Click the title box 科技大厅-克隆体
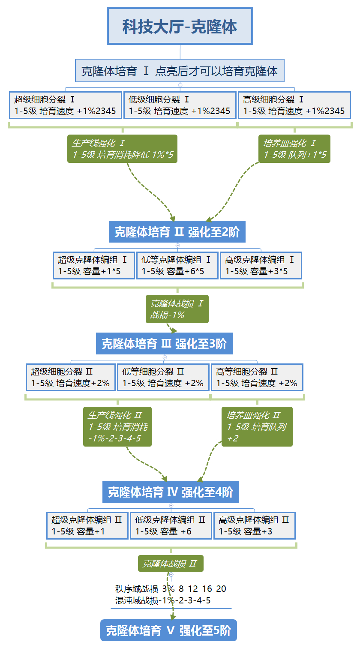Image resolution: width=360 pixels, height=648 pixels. (x=180, y=26)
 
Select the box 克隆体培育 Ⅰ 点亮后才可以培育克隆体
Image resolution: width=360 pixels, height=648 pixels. (x=180, y=71)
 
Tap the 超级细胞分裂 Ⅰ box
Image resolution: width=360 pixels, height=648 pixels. (x=65, y=105)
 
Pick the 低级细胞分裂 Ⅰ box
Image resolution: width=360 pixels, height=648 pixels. (x=180, y=105)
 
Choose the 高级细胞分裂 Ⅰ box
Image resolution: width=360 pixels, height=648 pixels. (x=294, y=105)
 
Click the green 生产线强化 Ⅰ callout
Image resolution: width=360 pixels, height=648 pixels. (x=122, y=149)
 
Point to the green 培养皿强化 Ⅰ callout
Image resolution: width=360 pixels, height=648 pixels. (x=294, y=149)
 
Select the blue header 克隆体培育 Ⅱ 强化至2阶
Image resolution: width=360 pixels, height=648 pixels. (x=177, y=232)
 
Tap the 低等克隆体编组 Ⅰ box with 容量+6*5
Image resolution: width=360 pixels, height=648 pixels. (x=177, y=265)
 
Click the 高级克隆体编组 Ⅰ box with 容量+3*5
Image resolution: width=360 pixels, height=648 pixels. (x=261, y=265)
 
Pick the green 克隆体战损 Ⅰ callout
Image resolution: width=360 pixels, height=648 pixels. (x=177, y=309)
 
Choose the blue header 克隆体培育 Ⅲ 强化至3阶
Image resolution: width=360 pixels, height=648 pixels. (x=164, y=343)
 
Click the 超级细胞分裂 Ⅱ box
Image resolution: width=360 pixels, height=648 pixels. (x=71, y=377)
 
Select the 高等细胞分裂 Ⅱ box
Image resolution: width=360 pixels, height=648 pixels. (x=257, y=377)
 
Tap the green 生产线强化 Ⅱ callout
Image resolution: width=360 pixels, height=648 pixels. (x=117, y=426)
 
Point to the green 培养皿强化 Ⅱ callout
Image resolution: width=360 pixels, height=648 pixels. (x=257, y=426)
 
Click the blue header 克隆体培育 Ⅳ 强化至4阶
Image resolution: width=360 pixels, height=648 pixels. (x=171, y=492)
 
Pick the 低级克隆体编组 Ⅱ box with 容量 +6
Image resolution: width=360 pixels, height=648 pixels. (x=171, y=525)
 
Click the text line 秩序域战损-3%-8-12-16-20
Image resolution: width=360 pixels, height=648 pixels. (x=171, y=589)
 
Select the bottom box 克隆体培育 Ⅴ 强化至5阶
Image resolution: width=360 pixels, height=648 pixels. (x=168, y=630)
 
